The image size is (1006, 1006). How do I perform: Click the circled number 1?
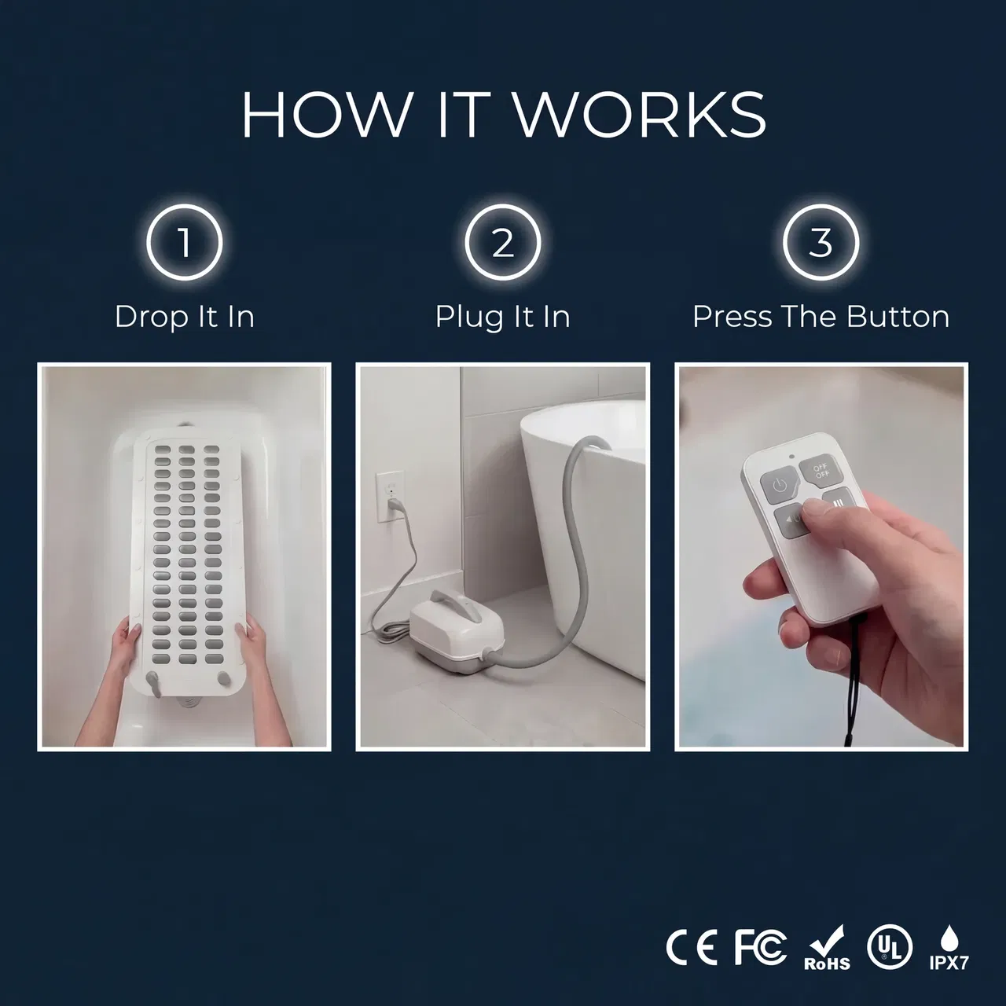click(184, 243)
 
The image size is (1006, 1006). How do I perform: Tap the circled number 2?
click(503, 243)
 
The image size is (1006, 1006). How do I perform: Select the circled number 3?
click(821, 243)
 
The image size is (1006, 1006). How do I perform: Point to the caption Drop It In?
click(184, 318)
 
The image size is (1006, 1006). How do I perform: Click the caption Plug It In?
click(503, 318)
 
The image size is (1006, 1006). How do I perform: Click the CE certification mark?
click(691, 948)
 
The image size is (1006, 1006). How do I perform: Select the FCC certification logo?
click(760, 948)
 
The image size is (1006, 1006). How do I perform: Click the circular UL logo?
click(890, 947)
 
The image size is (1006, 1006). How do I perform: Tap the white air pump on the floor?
click(457, 623)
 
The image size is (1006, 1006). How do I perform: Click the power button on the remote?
click(780, 486)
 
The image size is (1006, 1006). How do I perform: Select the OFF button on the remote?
click(821, 472)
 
